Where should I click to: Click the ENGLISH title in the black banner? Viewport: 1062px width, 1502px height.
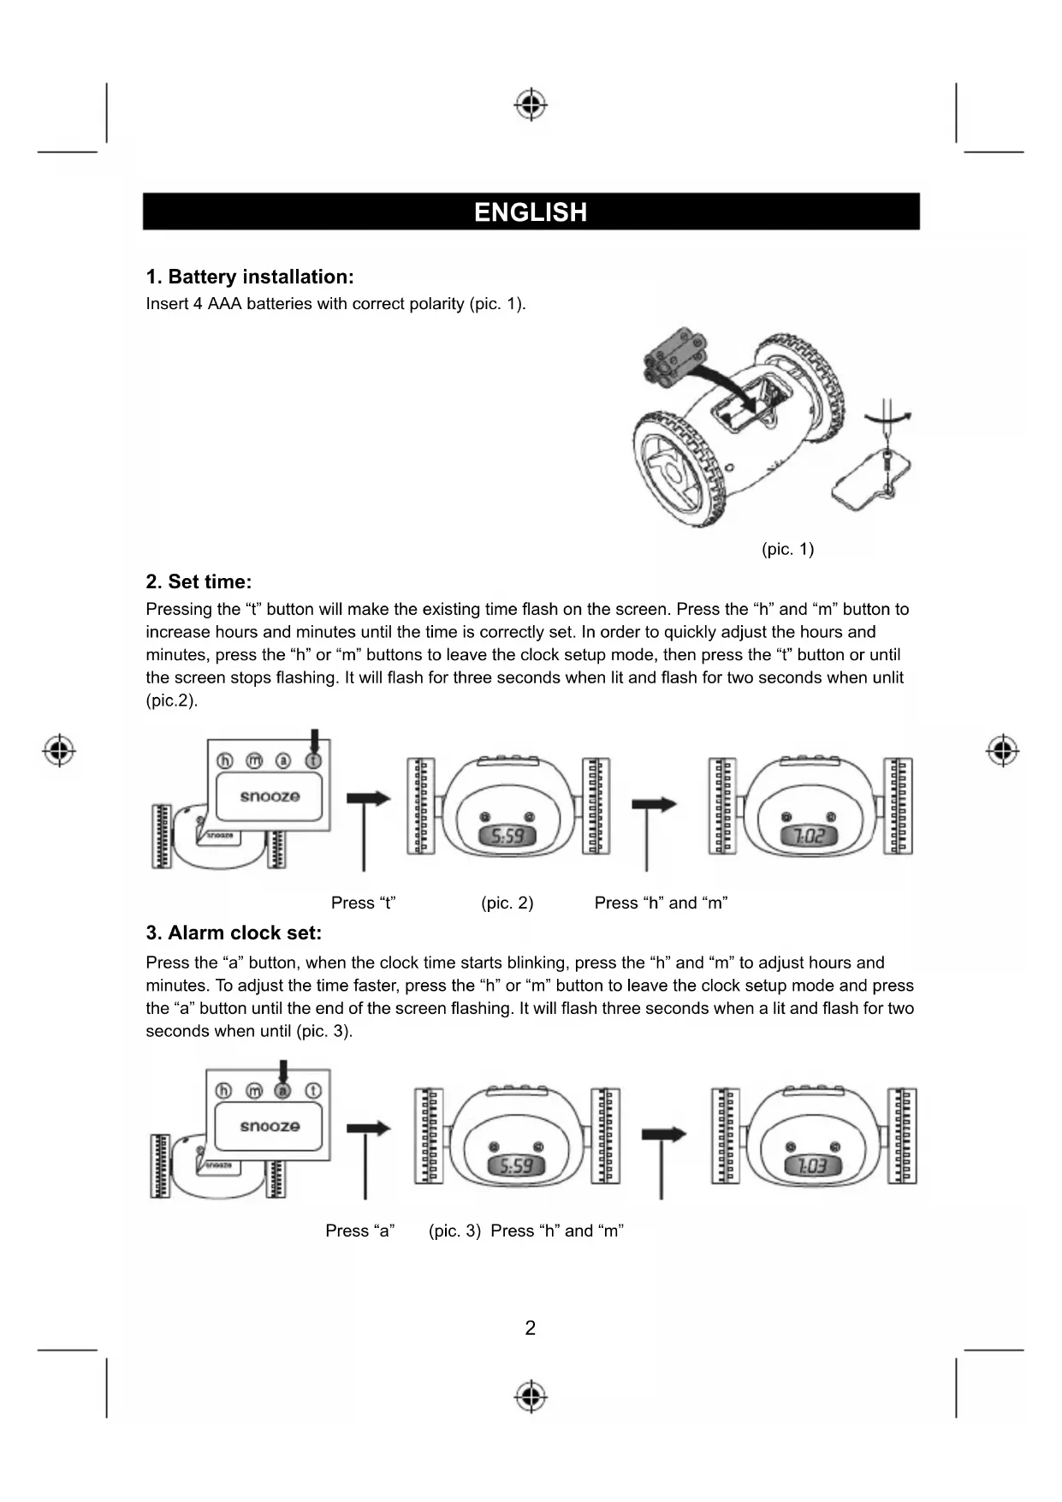(x=531, y=212)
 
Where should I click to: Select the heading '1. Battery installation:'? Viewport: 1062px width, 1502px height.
(x=249, y=277)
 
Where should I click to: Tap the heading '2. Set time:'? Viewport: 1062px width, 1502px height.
(x=199, y=582)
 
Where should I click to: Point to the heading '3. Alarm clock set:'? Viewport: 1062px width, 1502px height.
(x=234, y=933)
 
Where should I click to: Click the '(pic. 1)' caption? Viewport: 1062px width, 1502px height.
(x=787, y=549)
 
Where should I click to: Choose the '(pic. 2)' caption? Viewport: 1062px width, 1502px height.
(x=507, y=903)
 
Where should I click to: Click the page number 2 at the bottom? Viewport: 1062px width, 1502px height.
(x=531, y=1328)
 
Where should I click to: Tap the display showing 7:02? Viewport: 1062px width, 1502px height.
(x=808, y=835)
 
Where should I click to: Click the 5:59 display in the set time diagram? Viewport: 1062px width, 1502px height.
(x=508, y=835)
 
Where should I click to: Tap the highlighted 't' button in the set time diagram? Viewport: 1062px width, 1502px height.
(x=313, y=760)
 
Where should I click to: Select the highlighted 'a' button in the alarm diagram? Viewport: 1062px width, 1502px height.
(x=282, y=1090)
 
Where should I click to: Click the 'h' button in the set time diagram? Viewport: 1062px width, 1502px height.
(x=224, y=760)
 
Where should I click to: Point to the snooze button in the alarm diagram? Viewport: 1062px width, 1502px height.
(x=269, y=1126)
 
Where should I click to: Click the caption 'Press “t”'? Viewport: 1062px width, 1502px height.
(x=363, y=903)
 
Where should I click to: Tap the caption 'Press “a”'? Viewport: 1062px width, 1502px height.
(x=359, y=1231)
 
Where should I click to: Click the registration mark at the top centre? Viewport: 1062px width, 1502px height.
(x=531, y=104)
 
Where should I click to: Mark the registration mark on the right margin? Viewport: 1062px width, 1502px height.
(x=1002, y=750)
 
